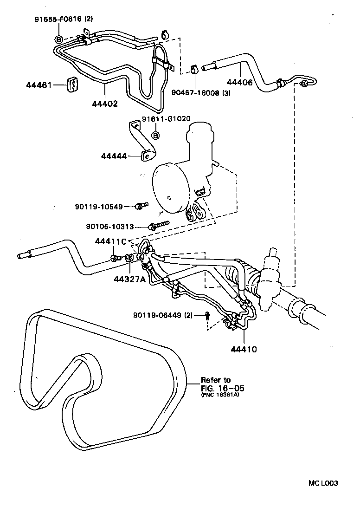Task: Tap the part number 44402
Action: point(104,104)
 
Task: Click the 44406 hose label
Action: point(239,83)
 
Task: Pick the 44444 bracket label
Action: point(114,156)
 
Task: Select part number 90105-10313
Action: point(110,227)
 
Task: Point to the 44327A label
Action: point(129,279)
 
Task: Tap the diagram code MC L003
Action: point(323,483)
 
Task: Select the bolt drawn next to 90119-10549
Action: point(141,205)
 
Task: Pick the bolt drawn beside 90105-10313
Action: point(157,226)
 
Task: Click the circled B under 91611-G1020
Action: point(156,136)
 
